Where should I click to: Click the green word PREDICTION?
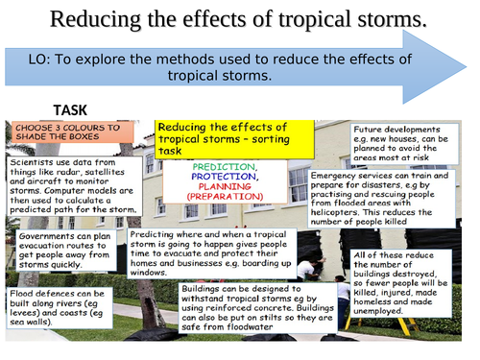[x=224, y=167]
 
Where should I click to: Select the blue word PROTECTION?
[x=224, y=177]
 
